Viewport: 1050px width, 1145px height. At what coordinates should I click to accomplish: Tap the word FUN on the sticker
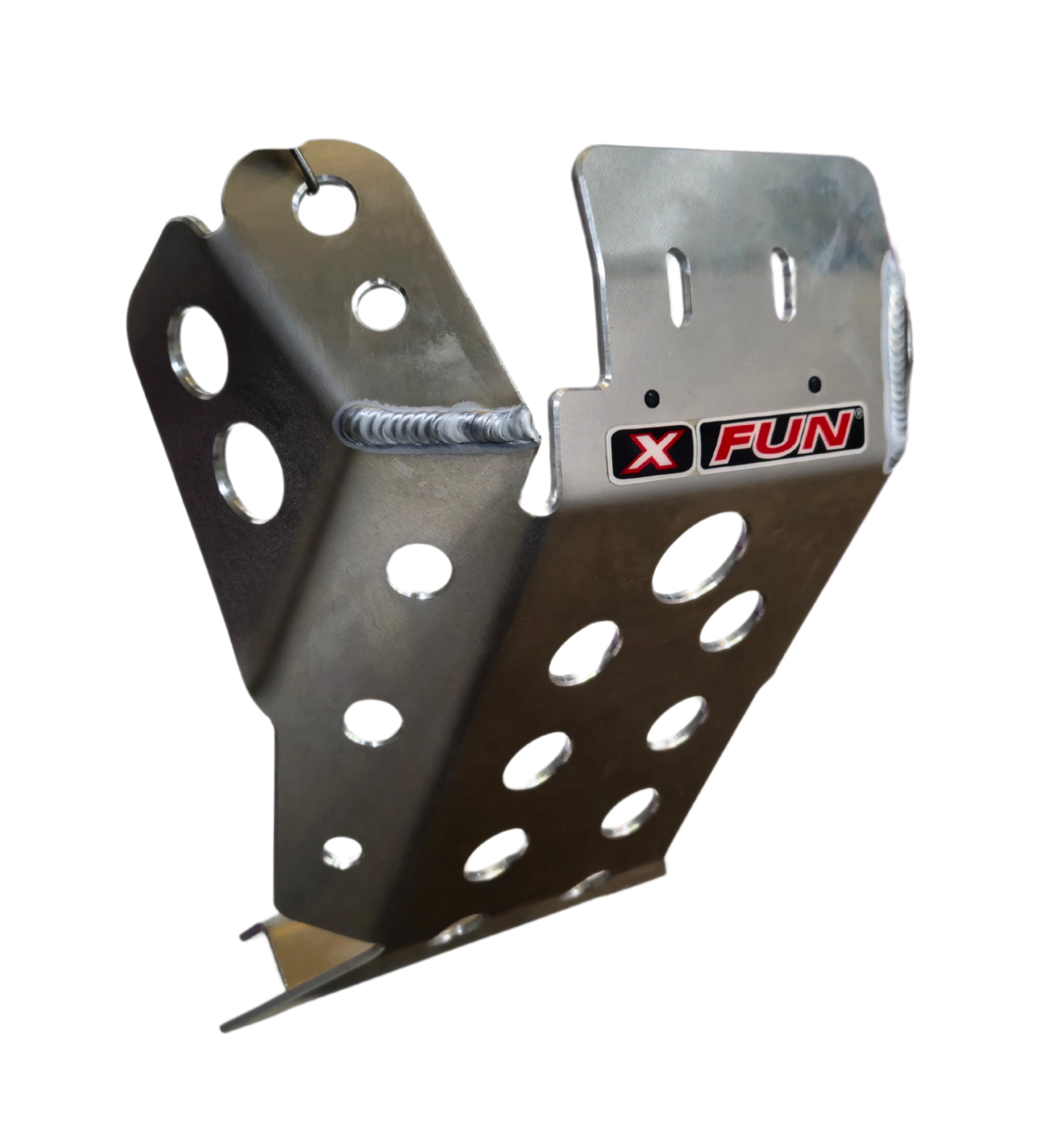click(780, 437)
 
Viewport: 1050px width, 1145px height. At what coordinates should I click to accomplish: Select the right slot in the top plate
click(783, 284)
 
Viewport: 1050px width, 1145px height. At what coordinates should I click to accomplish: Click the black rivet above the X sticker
click(651, 397)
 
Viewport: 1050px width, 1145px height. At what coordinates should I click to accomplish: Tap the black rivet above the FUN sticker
click(815, 383)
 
